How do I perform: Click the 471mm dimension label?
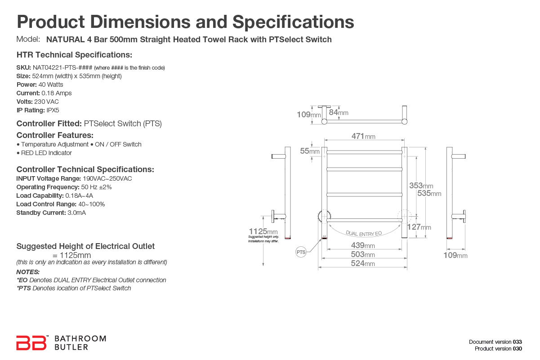coord(363,136)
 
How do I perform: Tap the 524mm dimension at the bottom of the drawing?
coord(363,264)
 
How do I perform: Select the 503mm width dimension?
coord(363,255)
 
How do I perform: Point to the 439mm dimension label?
coord(363,245)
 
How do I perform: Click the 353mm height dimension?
coord(421,186)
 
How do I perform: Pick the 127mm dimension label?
coord(419,227)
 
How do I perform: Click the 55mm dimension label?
coord(310,151)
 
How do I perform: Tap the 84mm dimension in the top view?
coord(338,112)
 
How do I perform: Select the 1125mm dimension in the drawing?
coord(263,231)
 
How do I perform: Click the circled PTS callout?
coord(301,252)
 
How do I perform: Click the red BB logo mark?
coord(31,342)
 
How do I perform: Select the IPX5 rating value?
coord(53,110)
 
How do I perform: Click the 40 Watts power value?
coord(51,84)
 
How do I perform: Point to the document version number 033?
coord(518,342)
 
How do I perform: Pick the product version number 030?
coord(518,349)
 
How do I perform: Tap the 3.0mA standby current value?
coord(76,213)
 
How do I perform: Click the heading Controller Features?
coord(55,135)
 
